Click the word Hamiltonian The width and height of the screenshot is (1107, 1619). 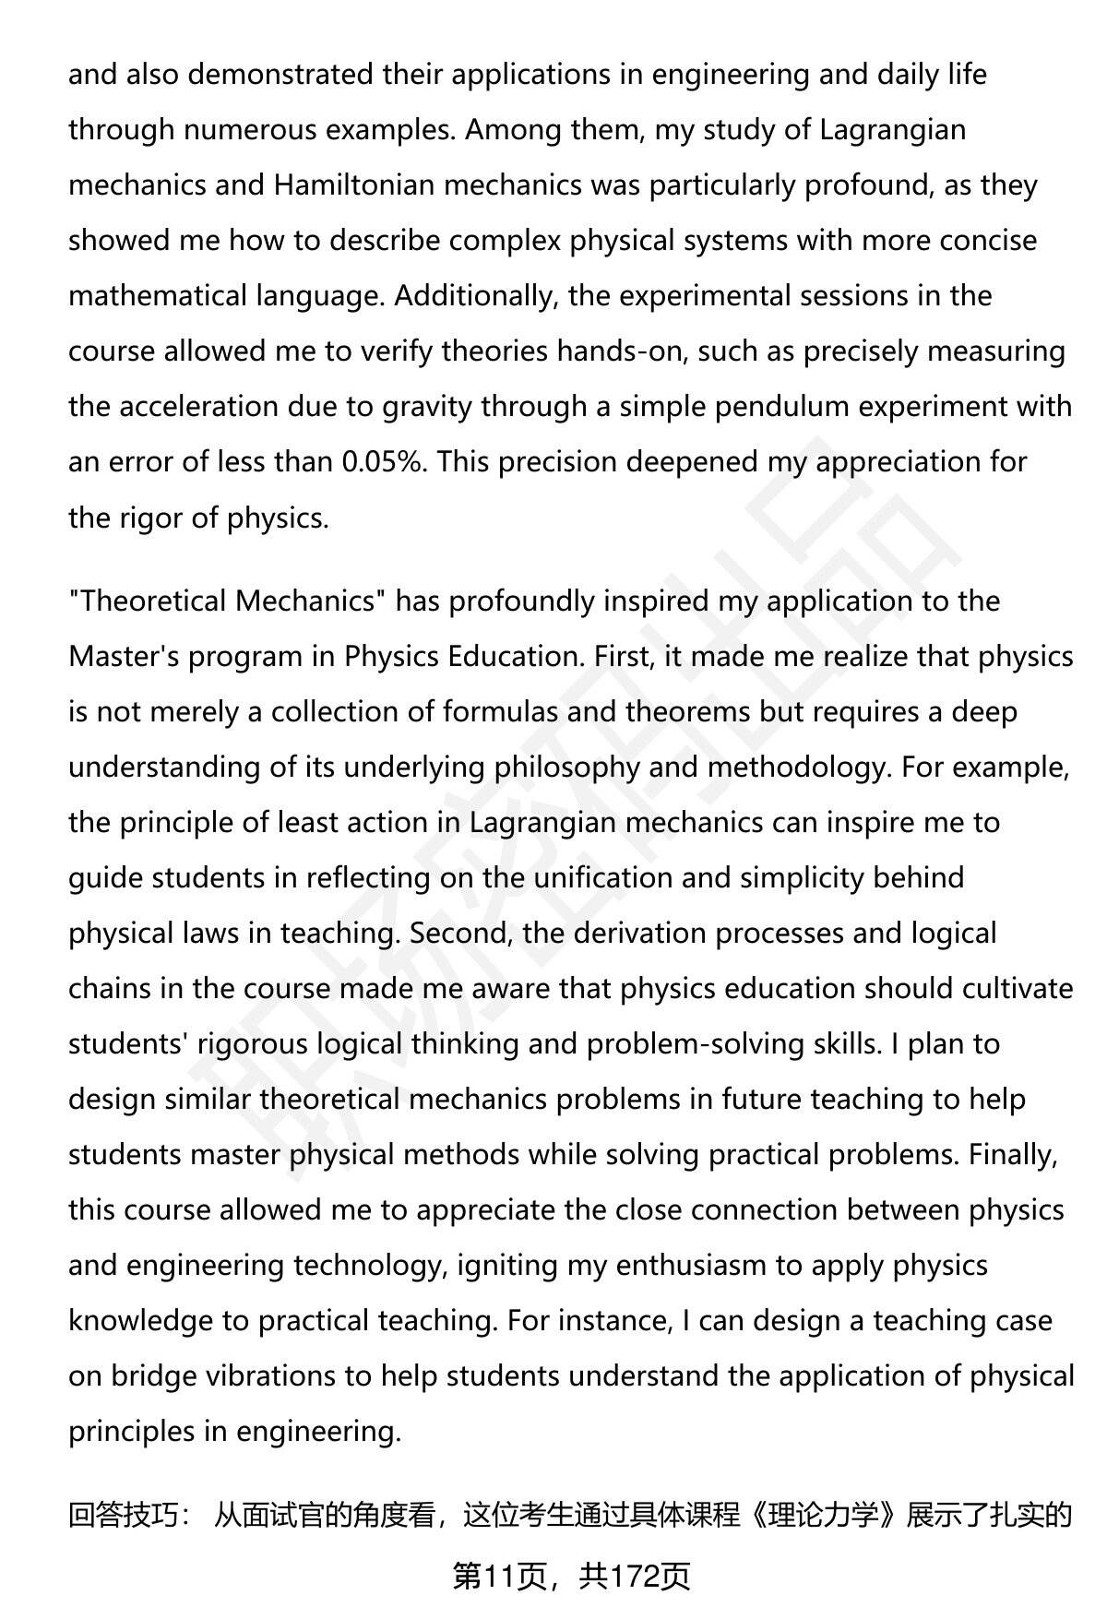pos(353,185)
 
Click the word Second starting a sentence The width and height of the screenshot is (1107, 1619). pos(461,934)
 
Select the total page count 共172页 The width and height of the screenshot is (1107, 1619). pos(635,1577)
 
